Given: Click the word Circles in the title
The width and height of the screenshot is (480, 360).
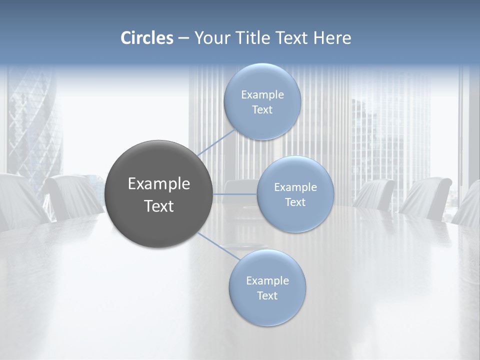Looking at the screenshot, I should pos(147,38).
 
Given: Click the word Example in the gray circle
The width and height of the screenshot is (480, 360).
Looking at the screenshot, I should pos(159,184).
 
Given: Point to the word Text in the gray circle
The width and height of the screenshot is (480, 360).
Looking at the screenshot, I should pos(159,206).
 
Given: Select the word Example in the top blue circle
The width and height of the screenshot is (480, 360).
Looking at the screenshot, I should pos(262,95).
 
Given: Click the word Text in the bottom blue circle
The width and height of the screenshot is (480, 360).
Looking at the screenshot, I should pos(267,296).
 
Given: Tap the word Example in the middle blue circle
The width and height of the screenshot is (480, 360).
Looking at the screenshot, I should pos(295,187).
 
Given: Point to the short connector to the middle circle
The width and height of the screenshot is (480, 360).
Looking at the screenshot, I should pos(235,194).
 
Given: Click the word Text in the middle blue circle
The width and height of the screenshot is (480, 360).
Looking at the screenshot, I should pos(295,202).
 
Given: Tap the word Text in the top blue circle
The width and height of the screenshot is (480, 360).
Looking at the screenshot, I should pos(262,110).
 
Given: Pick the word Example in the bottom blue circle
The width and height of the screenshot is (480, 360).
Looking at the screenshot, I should pos(267,281).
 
